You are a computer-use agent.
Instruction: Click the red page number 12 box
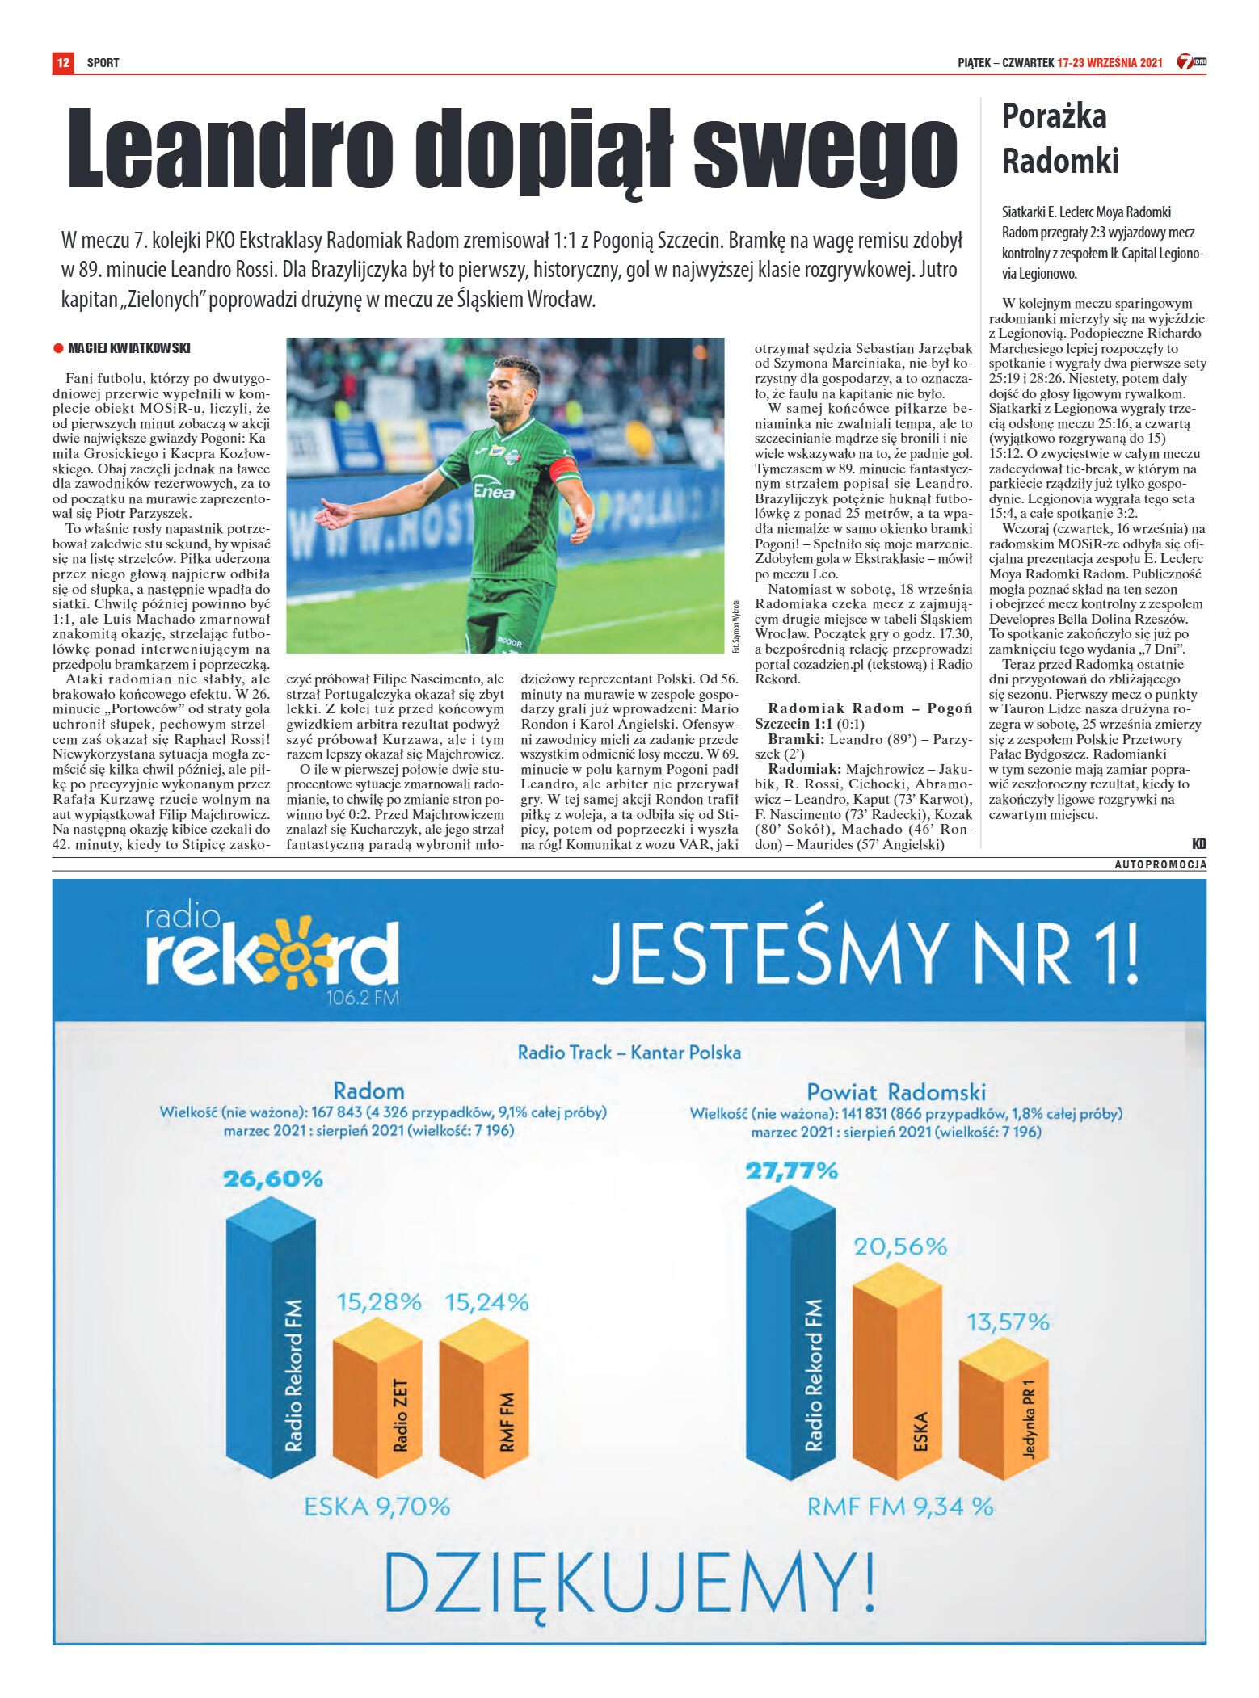tap(63, 62)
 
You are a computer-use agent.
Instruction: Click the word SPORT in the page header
tap(103, 63)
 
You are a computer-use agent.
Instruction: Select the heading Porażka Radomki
tap(1060, 138)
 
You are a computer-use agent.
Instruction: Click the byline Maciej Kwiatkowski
tap(128, 348)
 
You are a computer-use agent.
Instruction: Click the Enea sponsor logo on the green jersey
tap(493, 490)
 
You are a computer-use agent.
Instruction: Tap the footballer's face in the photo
tap(516, 385)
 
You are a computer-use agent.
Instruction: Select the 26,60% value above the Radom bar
tap(273, 1179)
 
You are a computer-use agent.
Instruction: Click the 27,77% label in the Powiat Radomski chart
tap(791, 1171)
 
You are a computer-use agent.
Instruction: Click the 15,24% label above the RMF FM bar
tap(486, 1302)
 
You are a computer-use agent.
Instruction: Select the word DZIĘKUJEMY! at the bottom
tap(629, 1581)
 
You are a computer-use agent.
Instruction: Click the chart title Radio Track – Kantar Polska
tap(629, 1053)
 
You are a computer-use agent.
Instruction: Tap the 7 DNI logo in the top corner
tap(1190, 62)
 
